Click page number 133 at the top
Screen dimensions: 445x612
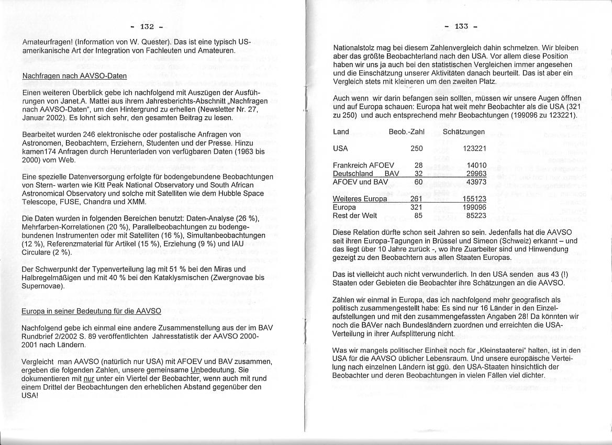(461, 27)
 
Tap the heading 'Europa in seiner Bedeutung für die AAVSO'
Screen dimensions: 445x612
(91, 311)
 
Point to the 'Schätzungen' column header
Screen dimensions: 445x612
(463, 131)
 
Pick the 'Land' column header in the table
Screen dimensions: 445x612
(341, 131)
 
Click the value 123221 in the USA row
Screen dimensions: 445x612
(475, 148)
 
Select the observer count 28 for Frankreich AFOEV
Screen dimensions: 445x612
(418, 165)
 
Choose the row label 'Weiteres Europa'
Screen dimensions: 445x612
(360, 198)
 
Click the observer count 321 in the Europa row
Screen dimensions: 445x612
(416, 207)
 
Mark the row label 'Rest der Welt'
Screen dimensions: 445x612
(355, 215)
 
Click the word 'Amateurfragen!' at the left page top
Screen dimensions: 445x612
(48, 41)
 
